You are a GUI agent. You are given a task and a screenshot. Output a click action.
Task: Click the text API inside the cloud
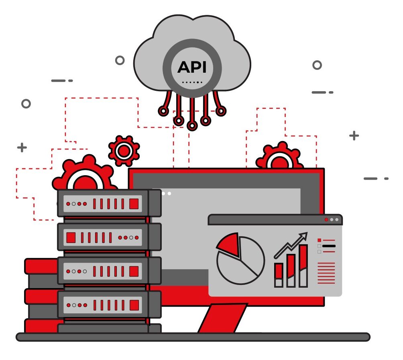point(192,67)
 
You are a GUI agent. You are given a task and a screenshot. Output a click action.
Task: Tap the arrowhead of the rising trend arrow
point(304,235)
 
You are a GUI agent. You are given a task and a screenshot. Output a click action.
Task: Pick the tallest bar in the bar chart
point(303,266)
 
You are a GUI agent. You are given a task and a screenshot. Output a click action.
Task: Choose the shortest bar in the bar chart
point(279,275)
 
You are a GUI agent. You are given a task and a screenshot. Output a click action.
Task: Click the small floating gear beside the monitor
point(124,151)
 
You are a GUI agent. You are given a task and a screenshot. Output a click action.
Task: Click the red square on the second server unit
point(71,237)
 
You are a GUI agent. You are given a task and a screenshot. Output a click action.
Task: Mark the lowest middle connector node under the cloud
point(192,126)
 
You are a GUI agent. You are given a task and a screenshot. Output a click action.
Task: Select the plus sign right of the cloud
point(354,136)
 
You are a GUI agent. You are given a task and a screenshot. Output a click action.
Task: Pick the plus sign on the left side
point(22,148)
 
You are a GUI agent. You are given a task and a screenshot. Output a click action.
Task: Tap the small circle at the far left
point(26,104)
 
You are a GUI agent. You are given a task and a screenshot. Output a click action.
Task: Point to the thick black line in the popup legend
point(328,246)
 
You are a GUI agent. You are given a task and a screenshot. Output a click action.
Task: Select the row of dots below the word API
point(192,82)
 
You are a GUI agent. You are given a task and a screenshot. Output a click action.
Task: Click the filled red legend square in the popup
point(320,240)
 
